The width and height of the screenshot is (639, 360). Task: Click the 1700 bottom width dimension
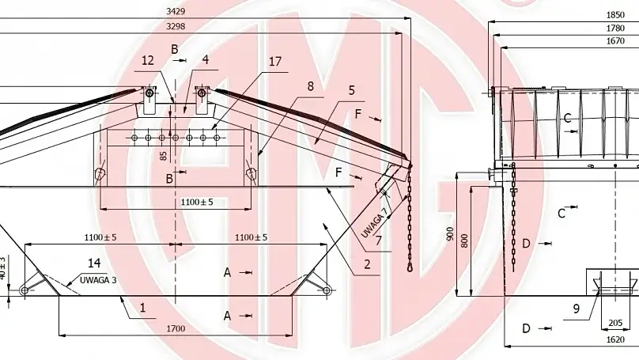(x=176, y=329)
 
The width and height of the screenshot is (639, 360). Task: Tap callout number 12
(x=148, y=59)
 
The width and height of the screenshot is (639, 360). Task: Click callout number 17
(x=274, y=60)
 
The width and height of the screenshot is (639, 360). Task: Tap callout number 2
(x=368, y=266)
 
